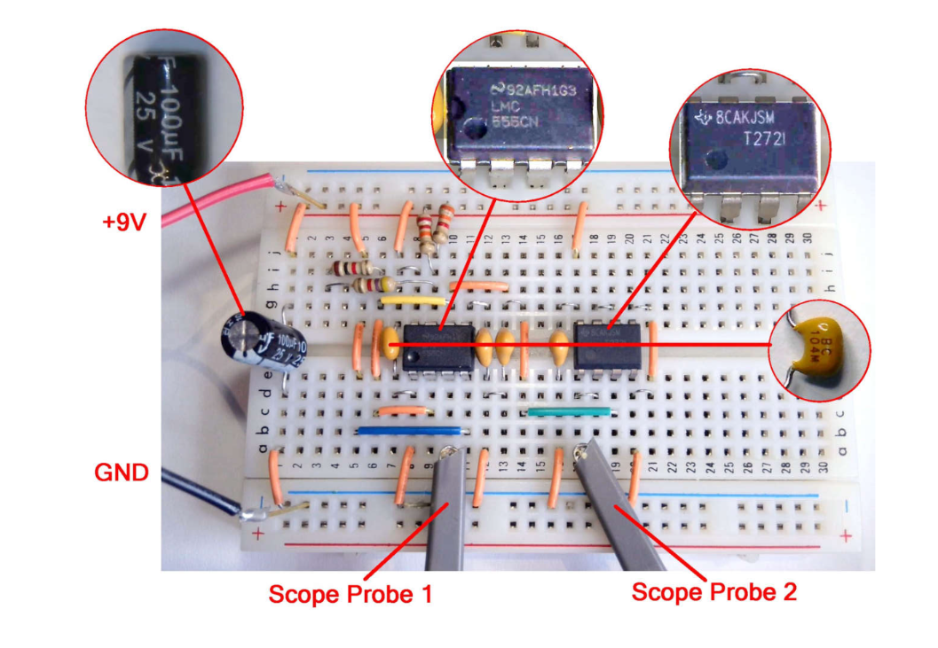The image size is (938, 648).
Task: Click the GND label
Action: [121, 472]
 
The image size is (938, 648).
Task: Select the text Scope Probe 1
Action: [350, 594]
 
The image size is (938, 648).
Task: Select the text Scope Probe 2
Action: [713, 592]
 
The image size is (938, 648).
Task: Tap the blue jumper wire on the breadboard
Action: [413, 431]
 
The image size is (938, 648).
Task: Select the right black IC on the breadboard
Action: [608, 343]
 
